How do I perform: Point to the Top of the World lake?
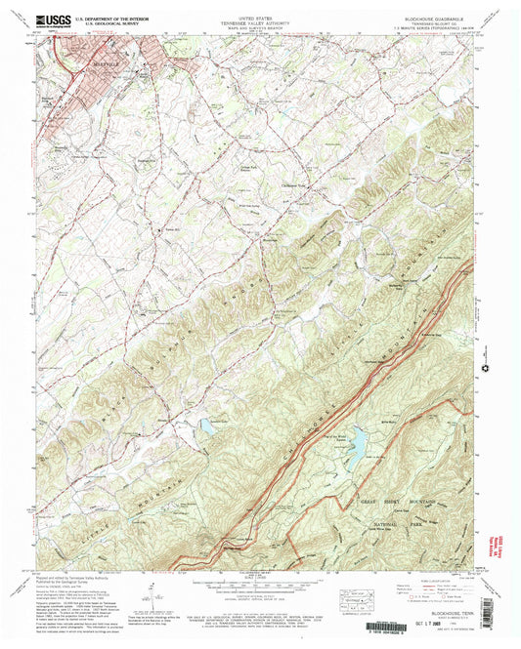(357, 444)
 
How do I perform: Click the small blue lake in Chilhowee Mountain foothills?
(206, 425)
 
